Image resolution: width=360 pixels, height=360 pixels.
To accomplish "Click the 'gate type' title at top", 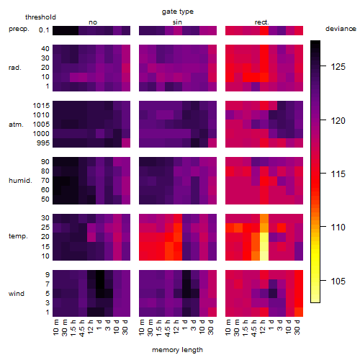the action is pyautogui.click(x=178, y=12).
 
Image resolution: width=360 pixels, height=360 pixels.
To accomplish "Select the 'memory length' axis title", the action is pyautogui.click(x=177, y=350).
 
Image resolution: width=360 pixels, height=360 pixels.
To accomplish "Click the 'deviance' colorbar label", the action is pyautogui.click(x=341, y=29).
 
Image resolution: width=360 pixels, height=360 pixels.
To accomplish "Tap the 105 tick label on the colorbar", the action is pyautogui.click(x=338, y=281).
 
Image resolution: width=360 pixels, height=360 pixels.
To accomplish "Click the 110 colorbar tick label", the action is pyautogui.click(x=338, y=227).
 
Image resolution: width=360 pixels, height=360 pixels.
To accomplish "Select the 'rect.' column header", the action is pyautogui.click(x=262, y=22).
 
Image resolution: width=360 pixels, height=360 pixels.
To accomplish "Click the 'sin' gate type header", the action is pyautogui.click(x=177, y=22).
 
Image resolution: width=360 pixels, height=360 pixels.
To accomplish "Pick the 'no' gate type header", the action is pyautogui.click(x=93, y=22).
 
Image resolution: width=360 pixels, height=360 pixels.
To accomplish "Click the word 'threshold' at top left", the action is pyautogui.click(x=40, y=17).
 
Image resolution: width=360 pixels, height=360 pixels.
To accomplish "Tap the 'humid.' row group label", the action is pyautogui.click(x=20, y=181).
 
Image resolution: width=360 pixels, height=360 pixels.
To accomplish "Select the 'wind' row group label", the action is pyautogui.click(x=17, y=294).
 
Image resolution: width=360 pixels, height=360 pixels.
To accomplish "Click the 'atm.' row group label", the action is pyautogui.click(x=16, y=125).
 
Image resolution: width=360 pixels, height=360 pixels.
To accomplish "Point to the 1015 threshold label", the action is pyautogui.click(x=41, y=105).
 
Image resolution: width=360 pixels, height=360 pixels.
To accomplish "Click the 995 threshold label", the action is pyautogui.click(x=43, y=143).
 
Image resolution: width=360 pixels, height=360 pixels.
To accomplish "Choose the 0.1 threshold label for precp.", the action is pyautogui.click(x=44, y=30).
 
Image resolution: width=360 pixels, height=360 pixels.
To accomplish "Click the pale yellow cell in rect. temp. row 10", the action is pyautogui.click(x=264, y=256).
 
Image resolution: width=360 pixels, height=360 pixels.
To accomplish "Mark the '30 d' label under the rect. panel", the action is pyautogui.click(x=297, y=327).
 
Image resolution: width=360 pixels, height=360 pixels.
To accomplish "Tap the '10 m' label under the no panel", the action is pyautogui.click(x=55, y=328).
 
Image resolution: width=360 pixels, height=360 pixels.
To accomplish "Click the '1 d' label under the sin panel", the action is pyautogui.click(x=185, y=325).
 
